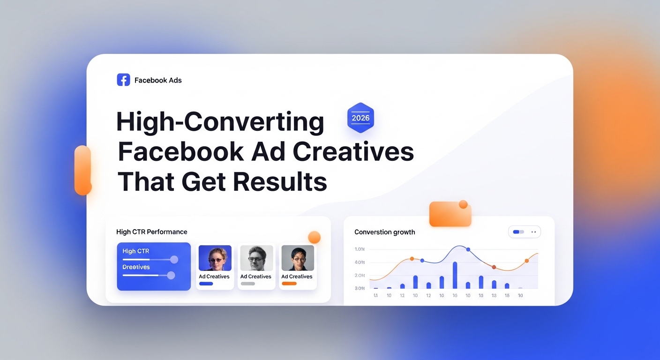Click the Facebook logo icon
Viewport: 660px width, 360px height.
pos(123,80)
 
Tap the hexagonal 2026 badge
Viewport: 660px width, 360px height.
pos(360,118)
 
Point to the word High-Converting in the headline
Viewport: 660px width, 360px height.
pos(220,122)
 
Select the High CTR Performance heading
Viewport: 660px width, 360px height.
pos(151,232)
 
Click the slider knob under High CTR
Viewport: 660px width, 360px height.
pos(174,259)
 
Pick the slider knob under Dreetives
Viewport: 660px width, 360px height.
pos(171,275)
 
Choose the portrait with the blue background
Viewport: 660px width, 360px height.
pos(215,258)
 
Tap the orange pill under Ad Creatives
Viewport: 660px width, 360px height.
pos(289,284)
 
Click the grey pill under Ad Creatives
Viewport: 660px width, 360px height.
pos(247,284)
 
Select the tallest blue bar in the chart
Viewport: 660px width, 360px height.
pos(455,275)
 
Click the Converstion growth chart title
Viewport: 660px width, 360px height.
pos(384,232)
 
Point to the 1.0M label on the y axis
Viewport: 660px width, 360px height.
pos(360,249)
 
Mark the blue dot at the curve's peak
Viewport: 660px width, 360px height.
pos(468,249)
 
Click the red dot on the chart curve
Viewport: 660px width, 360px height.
pos(494,267)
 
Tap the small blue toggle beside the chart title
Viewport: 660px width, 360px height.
pos(518,232)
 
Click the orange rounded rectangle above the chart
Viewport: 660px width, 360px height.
pos(450,214)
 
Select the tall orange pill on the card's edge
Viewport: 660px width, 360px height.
pos(82,170)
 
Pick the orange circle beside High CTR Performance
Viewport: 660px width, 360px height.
pos(314,237)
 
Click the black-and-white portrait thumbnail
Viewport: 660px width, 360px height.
pos(256,258)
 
